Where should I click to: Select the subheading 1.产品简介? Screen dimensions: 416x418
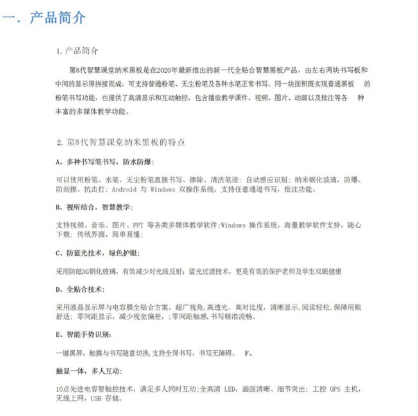pyautogui.click(x=78, y=51)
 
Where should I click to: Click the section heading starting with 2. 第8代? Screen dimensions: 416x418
pyautogui.click(x=121, y=142)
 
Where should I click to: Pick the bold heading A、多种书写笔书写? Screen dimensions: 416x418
pyautogui.click(x=93, y=162)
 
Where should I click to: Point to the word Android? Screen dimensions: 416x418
pyautogui.click(x=125, y=189)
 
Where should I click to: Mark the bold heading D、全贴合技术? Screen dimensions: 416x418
pyautogui.click(x=80, y=288)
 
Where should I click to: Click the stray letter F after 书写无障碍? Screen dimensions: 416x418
pyautogui.click(x=247, y=353)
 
